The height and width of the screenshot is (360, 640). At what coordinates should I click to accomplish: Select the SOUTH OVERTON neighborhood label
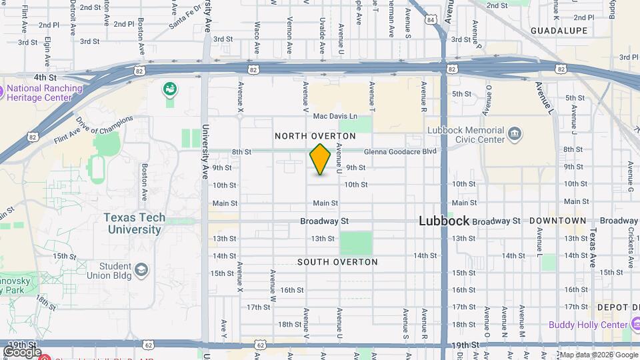(337, 262)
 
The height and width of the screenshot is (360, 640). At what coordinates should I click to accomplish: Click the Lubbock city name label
(444, 221)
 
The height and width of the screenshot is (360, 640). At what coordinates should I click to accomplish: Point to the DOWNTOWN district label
(558, 221)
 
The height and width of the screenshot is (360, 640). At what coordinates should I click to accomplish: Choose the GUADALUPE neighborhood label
(559, 31)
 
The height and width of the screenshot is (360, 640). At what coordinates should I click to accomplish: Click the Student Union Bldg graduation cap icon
(141, 269)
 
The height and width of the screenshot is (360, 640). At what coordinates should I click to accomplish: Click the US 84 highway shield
(431, 20)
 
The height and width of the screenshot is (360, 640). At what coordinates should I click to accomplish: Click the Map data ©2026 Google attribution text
(597, 355)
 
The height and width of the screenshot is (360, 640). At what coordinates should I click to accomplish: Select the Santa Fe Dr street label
(185, 19)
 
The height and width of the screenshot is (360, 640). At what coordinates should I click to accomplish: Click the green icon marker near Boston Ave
(170, 89)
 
